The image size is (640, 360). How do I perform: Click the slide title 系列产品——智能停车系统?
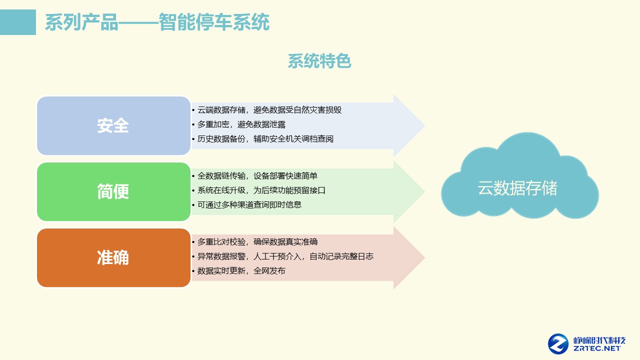point(157,22)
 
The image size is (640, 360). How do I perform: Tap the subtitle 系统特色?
point(319,61)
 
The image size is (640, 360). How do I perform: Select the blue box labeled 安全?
point(113,126)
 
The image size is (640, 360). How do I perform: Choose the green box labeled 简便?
point(113,191)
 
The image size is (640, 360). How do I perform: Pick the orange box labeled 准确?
point(113,257)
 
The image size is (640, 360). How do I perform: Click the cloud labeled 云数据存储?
point(518,187)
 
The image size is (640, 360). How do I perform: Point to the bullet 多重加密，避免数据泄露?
point(241,124)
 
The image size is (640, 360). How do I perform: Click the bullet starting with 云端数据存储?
point(269,110)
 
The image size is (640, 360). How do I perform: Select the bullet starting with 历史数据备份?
point(265,139)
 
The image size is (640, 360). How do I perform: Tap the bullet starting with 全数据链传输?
point(257,176)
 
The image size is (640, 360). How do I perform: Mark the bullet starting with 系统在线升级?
point(261,190)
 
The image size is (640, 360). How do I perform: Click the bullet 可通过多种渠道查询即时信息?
point(249,204)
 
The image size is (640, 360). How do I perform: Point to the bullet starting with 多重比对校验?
point(257,242)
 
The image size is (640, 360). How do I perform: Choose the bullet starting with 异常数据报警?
point(285,256)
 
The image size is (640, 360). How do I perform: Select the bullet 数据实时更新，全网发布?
point(241,271)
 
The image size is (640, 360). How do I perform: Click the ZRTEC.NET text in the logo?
point(597,348)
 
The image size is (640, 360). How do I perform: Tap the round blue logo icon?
point(558,343)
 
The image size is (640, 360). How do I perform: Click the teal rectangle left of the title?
point(18,22)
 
